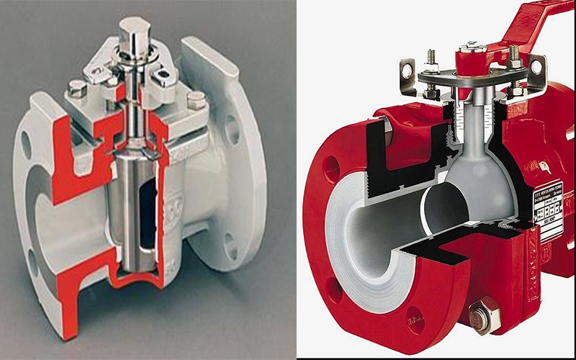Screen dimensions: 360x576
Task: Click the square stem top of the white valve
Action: [x=135, y=30]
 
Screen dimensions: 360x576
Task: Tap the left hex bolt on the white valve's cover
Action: [x=77, y=89]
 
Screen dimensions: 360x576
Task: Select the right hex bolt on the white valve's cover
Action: [x=194, y=100]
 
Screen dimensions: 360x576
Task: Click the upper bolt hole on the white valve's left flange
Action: [x=27, y=143]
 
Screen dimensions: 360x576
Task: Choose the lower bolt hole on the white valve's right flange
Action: [x=229, y=244]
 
